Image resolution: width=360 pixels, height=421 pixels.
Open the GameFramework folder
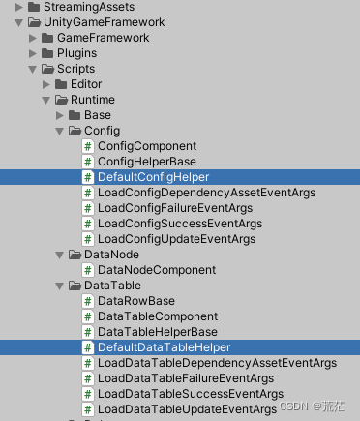tap(103, 38)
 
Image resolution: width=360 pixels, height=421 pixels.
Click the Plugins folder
tap(76, 53)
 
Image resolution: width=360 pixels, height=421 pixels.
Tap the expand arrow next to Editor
tap(59, 84)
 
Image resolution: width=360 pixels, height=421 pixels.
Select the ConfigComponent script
tap(147, 146)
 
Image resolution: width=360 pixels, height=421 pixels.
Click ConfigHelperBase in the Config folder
tap(146, 162)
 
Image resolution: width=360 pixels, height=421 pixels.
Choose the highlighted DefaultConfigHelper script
tap(153, 177)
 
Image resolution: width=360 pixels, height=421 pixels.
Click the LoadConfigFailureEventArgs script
tap(175, 208)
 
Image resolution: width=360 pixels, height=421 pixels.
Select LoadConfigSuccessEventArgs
tap(180, 224)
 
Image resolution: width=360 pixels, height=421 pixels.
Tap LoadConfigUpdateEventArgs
tap(176, 239)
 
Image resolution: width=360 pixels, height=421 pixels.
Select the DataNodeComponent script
tap(157, 270)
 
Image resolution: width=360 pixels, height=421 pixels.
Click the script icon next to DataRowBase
tap(88, 301)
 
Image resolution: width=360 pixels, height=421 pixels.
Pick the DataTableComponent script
tap(157, 316)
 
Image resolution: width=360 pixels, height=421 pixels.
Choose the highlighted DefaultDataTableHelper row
tap(163, 347)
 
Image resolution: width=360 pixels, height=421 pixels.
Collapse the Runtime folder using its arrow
tap(45, 100)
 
